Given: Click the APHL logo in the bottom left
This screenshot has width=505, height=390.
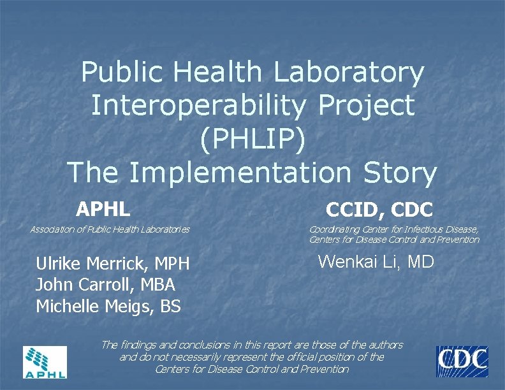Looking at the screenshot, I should (x=45, y=362).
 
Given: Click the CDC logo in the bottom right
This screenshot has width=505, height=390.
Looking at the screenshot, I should (x=462, y=361).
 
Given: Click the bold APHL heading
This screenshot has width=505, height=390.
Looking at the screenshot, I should (x=103, y=208).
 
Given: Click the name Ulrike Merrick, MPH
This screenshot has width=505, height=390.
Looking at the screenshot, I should (x=113, y=264).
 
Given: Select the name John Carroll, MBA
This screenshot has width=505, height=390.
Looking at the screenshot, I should (x=105, y=285).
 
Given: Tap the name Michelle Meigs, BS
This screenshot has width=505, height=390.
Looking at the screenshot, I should (x=108, y=307).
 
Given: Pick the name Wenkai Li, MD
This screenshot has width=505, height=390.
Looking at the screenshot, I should (x=376, y=261).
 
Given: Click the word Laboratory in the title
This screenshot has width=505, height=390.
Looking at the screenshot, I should (x=349, y=73).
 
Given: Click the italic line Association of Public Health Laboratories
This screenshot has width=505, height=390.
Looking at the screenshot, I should (x=110, y=229).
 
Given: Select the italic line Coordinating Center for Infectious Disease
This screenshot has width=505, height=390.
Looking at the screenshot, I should (x=393, y=229).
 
